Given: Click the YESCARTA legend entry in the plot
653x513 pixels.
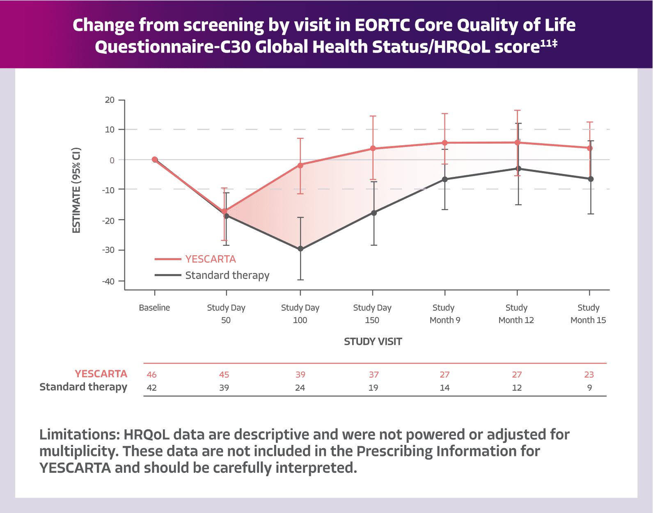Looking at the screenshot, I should pyautogui.click(x=210, y=259).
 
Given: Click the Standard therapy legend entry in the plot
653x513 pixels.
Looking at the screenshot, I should pyautogui.click(x=227, y=275).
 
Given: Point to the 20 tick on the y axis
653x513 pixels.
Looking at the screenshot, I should pyautogui.click(x=110, y=100).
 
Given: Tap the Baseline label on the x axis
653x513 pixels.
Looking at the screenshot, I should pyautogui.click(x=154, y=308).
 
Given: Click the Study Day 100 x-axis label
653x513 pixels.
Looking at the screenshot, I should pyautogui.click(x=300, y=314).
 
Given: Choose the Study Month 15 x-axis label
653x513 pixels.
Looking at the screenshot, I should pyautogui.click(x=588, y=314).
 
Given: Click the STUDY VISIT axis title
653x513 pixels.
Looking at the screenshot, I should pyautogui.click(x=373, y=341).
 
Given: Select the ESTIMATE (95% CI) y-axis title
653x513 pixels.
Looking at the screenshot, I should pyautogui.click(x=77, y=190).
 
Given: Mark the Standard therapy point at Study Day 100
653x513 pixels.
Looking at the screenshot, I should pyautogui.click(x=300, y=249).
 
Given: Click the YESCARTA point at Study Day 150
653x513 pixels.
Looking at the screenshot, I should pyautogui.click(x=373, y=148).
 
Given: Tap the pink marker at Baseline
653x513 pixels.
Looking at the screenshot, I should pyautogui.click(x=154, y=159).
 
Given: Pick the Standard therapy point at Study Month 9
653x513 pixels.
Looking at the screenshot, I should pyautogui.click(x=445, y=179).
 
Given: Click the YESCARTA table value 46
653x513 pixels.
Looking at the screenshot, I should pyautogui.click(x=151, y=375).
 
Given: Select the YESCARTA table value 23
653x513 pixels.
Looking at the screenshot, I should pyautogui.click(x=589, y=375).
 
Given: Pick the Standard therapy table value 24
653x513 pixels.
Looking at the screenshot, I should pyautogui.click(x=300, y=388).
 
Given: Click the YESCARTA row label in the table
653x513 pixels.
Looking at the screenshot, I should pyautogui.click(x=101, y=374).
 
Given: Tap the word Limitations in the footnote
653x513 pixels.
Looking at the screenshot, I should pyautogui.click(x=78, y=435).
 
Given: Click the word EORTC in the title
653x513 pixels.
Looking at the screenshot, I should pyautogui.click(x=382, y=25).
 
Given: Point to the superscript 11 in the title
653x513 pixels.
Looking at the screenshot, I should pyautogui.click(x=545, y=43).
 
